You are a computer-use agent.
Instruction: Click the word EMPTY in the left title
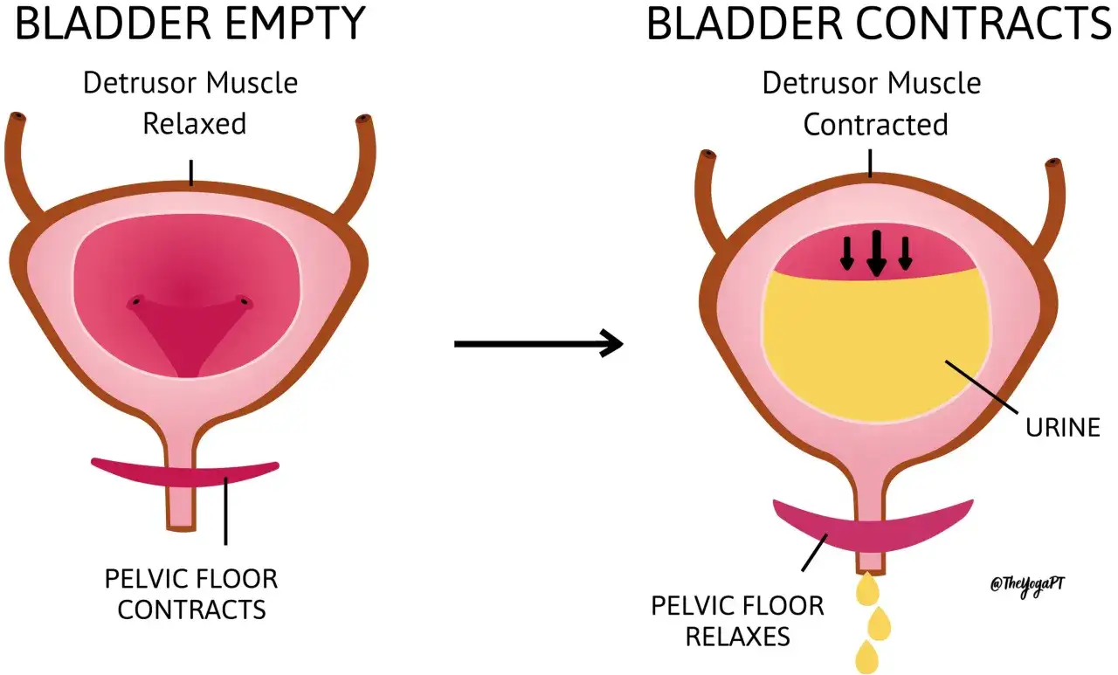click(295, 24)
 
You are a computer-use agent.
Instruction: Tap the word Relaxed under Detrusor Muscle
click(195, 124)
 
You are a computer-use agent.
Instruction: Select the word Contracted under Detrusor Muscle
click(875, 124)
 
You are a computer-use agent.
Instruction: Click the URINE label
click(1063, 428)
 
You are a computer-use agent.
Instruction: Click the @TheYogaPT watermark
click(1028, 585)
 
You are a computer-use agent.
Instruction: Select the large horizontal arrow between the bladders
click(539, 343)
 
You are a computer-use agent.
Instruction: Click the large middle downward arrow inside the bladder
click(876, 253)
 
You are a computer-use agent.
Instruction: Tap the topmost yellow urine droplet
click(867, 589)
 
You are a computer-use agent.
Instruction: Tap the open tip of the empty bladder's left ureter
click(18, 118)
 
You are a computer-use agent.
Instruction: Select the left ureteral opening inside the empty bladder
click(135, 301)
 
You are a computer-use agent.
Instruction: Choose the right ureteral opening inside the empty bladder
click(244, 301)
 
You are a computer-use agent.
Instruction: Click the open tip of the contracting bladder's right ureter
click(1053, 163)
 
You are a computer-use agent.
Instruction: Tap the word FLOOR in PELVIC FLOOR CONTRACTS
click(234, 579)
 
